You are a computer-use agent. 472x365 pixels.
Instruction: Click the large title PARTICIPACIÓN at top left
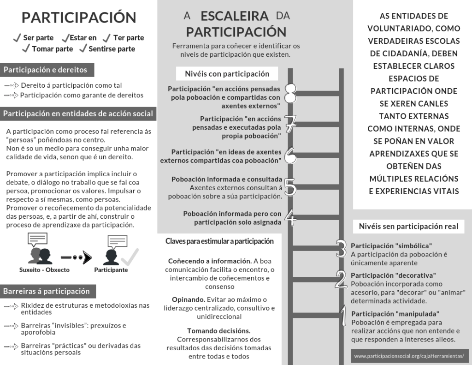pyautogui.click(x=79, y=18)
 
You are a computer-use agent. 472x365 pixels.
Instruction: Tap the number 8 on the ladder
pyautogui.click(x=290, y=94)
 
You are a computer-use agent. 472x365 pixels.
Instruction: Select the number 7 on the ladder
pyautogui.click(x=290, y=123)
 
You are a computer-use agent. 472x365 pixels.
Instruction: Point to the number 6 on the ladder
pyautogui.click(x=290, y=156)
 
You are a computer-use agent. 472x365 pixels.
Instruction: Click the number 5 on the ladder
pyautogui.click(x=290, y=187)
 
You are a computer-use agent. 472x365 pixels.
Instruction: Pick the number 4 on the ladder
pyautogui.click(x=290, y=217)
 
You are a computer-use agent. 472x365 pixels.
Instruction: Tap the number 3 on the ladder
pyautogui.click(x=341, y=249)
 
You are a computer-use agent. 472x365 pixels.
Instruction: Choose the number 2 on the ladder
pyautogui.click(x=341, y=279)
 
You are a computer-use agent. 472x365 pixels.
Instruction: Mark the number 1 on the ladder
pyautogui.click(x=342, y=317)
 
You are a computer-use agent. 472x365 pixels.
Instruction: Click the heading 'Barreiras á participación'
pyautogui.click(x=47, y=291)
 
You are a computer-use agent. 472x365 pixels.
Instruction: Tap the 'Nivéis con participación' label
pyautogui.click(x=227, y=74)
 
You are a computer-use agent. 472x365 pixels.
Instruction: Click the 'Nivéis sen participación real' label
pyautogui.click(x=408, y=226)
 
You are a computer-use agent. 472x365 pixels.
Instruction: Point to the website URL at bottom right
pyautogui.click(x=409, y=356)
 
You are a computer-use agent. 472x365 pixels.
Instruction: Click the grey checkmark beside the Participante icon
pyautogui.click(x=130, y=255)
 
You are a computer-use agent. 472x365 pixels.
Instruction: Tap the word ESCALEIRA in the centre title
pyautogui.click(x=235, y=16)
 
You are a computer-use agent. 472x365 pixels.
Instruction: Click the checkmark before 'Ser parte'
pyautogui.click(x=17, y=37)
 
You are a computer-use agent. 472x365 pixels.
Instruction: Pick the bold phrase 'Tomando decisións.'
pyautogui.click(x=219, y=330)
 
